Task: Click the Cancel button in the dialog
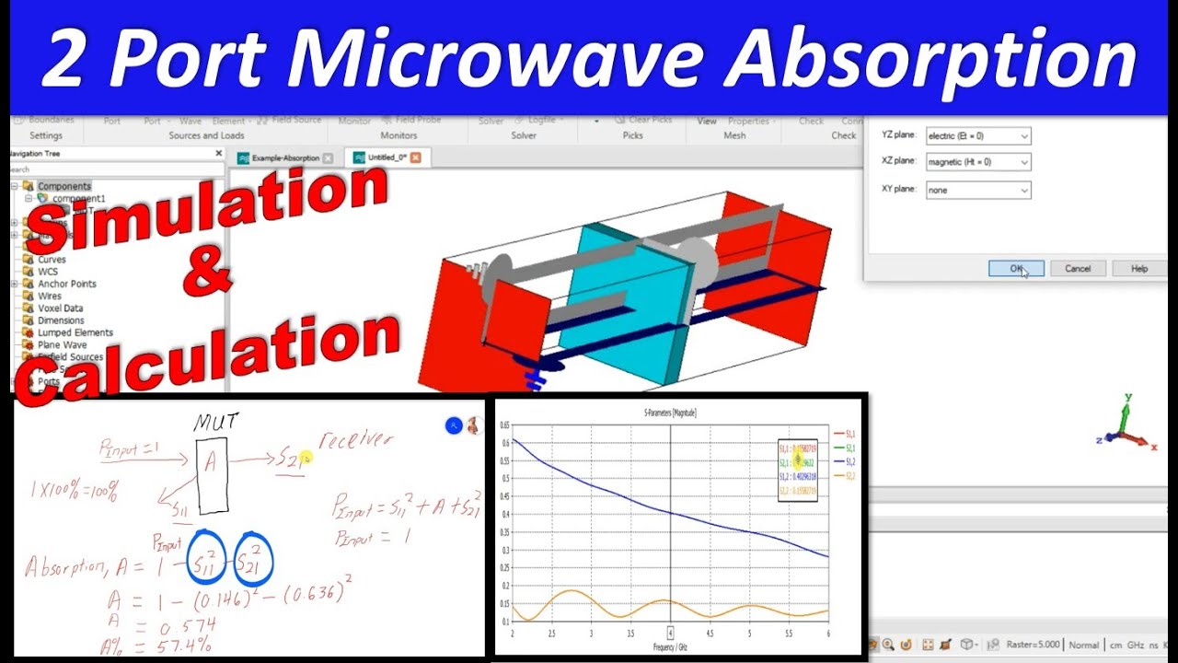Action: coord(1078,269)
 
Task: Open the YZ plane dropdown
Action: coord(977,136)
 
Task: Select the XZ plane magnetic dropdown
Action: coord(977,162)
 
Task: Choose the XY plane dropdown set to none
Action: coord(977,190)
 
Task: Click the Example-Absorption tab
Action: coord(284,158)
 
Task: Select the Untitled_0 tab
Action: coord(387,157)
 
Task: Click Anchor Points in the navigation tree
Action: coord(66,284)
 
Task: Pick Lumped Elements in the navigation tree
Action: coord(75,332)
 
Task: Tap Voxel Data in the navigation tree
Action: coord(60,308)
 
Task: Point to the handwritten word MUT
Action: coord(215,423)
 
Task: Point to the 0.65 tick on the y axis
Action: coord(503,425)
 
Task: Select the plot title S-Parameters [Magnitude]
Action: coord(669,413)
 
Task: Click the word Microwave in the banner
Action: coord(503,60)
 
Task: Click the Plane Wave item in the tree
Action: coord(62,344)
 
